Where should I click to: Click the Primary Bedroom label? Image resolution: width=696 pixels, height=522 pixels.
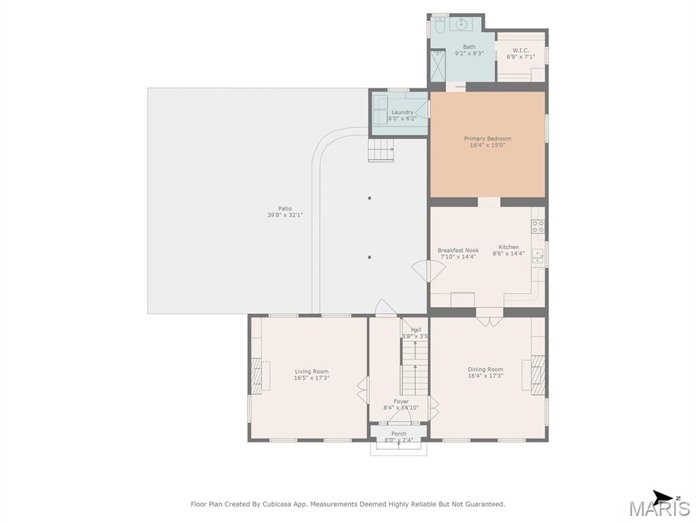487,139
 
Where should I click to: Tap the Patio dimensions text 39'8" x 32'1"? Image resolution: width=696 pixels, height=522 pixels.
285,215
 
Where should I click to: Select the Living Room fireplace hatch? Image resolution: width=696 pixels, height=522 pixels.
256,375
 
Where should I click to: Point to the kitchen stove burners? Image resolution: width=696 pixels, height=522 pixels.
538,226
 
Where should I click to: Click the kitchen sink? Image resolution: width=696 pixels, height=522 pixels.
538,256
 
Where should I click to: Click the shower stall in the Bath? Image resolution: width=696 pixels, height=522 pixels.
438,66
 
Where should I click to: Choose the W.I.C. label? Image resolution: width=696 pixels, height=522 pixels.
520,50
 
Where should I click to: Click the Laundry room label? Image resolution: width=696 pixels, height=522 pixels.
402,112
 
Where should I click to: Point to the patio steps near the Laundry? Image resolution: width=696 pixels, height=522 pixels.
381,150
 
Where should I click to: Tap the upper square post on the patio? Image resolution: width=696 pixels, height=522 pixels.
369,198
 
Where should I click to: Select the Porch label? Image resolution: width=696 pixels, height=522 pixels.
398,434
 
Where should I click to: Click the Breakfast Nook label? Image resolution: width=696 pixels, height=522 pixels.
458,250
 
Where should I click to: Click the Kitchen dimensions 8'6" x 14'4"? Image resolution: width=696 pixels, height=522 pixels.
508,254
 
